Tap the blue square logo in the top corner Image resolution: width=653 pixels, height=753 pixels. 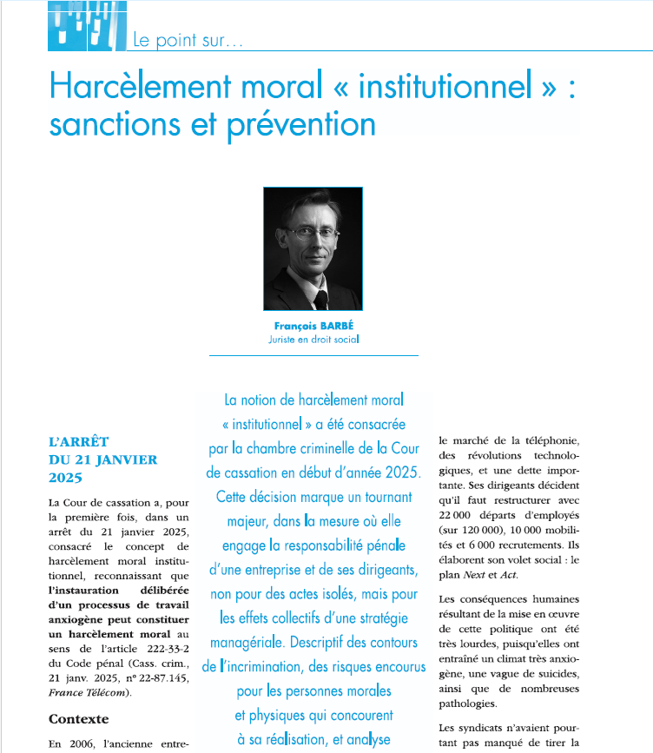(87, 24)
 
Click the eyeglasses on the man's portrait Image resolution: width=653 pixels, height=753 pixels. (310, 232)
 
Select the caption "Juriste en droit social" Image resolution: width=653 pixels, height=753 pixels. (313, 340)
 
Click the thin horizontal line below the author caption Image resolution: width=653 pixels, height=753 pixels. (313, 355)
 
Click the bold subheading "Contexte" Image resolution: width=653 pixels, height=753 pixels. (78, 719)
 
